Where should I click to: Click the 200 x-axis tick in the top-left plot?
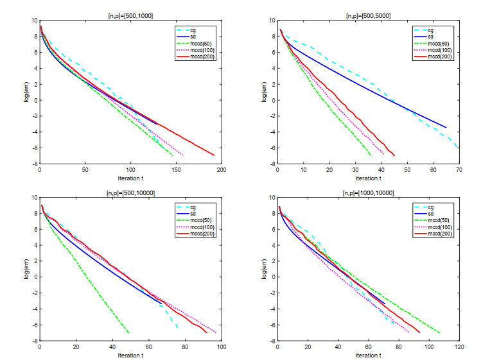click(222, 169)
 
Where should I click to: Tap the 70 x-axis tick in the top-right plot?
click(459, 169)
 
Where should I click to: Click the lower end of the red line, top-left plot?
click(214, 155)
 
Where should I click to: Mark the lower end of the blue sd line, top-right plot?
click(446, 127)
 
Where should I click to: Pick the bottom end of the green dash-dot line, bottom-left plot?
click(129, 333)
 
